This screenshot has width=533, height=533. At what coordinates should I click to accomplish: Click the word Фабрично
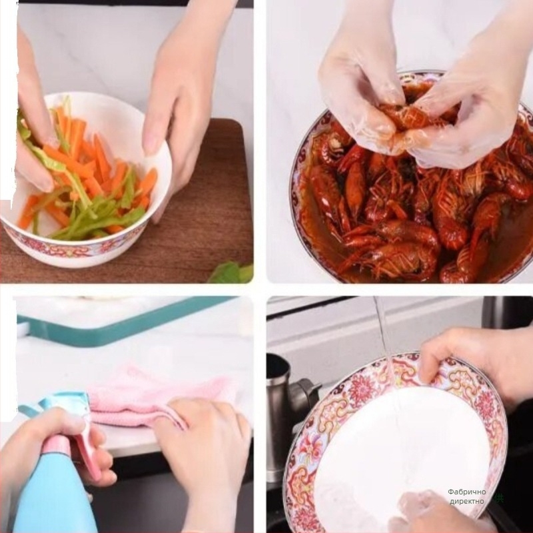(x=467, y=492)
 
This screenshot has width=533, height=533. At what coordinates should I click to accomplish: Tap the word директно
(x=467, y=501)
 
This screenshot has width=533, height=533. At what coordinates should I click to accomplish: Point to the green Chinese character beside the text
(x=499, y=498)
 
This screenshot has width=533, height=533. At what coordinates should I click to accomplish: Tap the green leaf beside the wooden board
(x=232, y=272)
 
